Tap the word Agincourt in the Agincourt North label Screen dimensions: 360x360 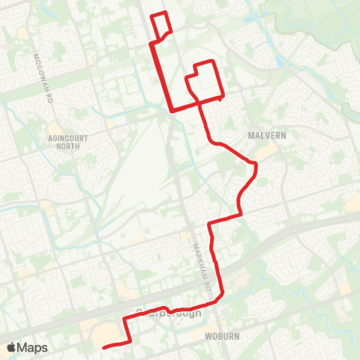[x=69, y=139]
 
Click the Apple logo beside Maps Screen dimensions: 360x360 [x=11, y=347]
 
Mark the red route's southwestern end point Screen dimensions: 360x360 [x=103, y=346]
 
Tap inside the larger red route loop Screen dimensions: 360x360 [x=204, y=81]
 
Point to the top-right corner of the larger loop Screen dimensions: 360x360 [x=215, y=61]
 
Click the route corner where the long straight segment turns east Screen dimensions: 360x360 [x=172, y=111]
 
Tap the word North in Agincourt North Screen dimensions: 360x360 [x=68, y=147]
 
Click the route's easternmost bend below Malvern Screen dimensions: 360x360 [x=256, y=163]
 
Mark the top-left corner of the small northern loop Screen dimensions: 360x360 [x=152, y=15]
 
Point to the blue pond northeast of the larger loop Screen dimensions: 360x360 [x=279, y=61]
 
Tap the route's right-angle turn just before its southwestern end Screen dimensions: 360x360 [x=132, y=341]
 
